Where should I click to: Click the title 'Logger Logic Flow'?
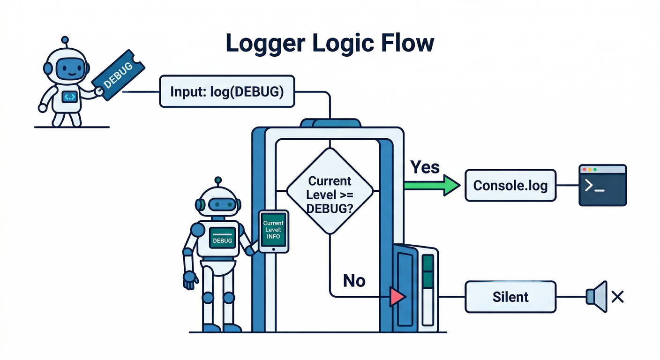tap(330, 44)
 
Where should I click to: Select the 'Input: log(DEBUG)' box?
tap(227, 92)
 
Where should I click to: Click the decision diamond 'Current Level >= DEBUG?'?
tap(330, 191)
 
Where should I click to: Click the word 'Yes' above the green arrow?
tap(425, 167)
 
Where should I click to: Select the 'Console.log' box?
tap(510, 186)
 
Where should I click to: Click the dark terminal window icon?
tap(603, 185)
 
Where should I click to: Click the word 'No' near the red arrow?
tap(354, 280)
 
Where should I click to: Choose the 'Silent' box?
tap(510, 297)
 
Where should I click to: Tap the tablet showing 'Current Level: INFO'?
tap(273, 231)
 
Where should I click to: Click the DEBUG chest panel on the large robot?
tap(222, 239)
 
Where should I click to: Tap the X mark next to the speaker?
tap(617, 296)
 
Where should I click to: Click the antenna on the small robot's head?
tap(65, 41)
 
